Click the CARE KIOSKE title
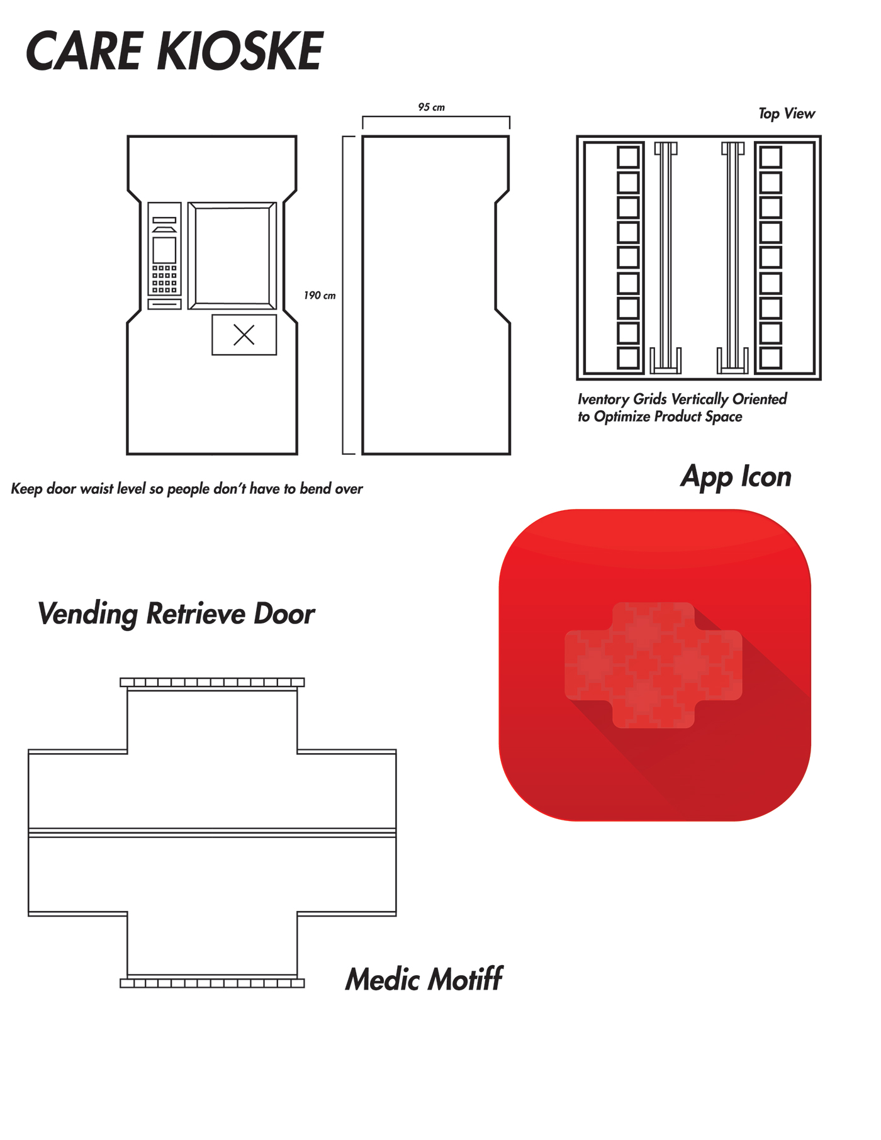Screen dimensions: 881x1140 [174, 51]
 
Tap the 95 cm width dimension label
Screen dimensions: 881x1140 [431, 108]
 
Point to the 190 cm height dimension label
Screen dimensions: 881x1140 [320, 295]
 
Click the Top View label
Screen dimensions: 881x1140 [787, 114]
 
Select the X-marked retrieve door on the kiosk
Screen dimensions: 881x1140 [244, 335]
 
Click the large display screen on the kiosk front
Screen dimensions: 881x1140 [232, 255]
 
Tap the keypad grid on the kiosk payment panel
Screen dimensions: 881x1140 [164, 279]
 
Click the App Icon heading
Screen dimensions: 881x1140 [736, 477]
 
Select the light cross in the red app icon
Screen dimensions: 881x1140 [653, 665]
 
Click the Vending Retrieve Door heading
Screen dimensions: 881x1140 [176, 613]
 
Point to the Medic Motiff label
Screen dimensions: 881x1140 [424, 980]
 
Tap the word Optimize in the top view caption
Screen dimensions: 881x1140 [622, 416]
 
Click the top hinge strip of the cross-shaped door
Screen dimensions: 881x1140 [212, 682]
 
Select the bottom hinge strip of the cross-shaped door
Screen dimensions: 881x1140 [212, 983]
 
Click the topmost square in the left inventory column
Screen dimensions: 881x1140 [628, 157]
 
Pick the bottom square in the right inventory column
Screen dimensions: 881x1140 [770, 358]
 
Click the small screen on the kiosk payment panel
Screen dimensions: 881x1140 [164, 250]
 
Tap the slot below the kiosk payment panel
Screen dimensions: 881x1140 [164, 305]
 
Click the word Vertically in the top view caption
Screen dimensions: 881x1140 [700, 399]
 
